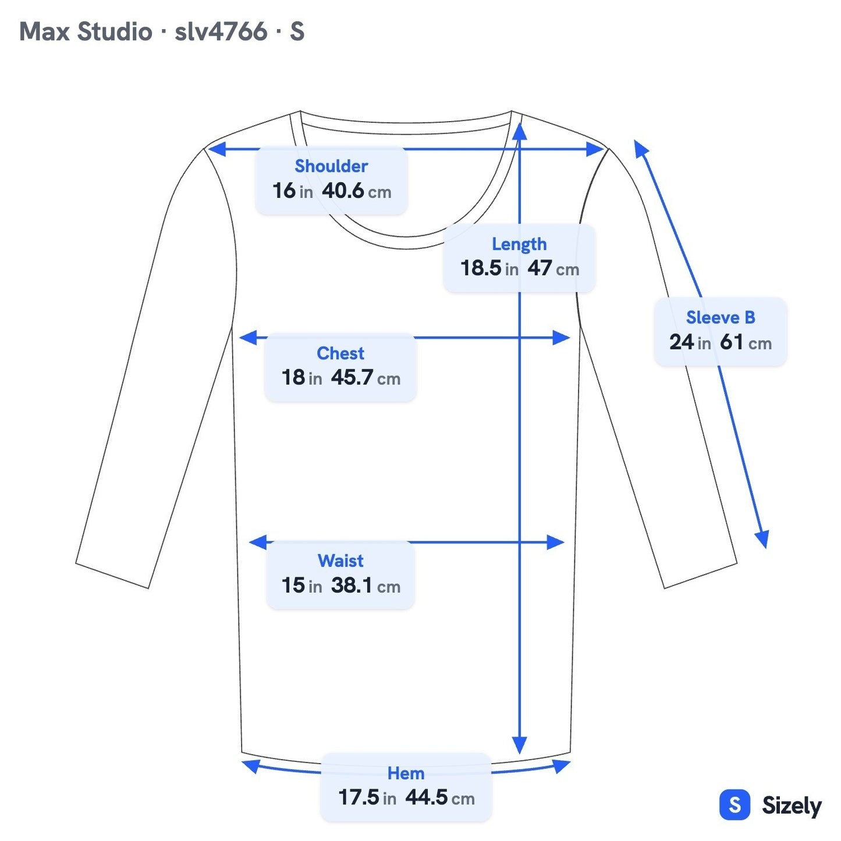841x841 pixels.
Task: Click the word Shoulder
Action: pos(331,166)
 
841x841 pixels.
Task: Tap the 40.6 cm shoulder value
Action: pos(356,191)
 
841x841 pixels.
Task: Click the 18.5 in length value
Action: pos(489,268)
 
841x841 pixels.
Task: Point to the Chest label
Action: pos(340,353)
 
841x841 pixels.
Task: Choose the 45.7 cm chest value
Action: pos(366,378)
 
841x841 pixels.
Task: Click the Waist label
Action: pos(340,561)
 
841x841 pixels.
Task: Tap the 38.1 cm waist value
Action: pos(366,585)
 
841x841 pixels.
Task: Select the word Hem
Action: pos(406,773)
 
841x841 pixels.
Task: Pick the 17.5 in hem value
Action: pos(367,797)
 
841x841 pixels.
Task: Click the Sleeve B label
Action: pos(721,317)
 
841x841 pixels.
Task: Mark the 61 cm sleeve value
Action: pos(746,342)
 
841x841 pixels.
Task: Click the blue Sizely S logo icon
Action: pos(735,804)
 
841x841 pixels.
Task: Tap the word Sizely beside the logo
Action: pos(792,805)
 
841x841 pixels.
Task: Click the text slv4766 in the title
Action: pos(221,31)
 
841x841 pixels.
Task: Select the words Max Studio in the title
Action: pos(86,31)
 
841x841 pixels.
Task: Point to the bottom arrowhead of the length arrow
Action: pos(519,746)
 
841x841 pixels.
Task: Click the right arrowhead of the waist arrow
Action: pos(556,542)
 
